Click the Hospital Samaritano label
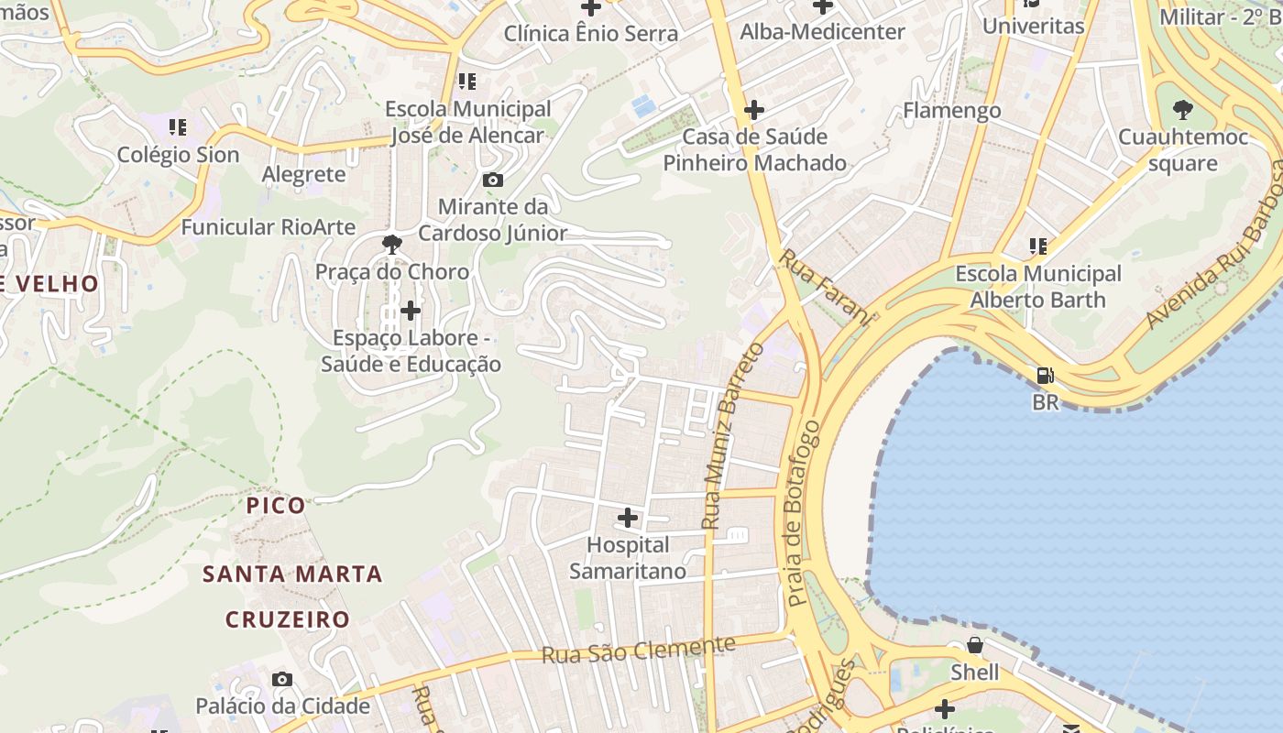pyautogui.click(x=628, y=558)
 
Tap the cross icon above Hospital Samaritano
pyautogui.click(x=628, y=519)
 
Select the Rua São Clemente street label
pyautogui.click(x=638, y=651)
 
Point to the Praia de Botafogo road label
pyautogui.click(x=800, y=513)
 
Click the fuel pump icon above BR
pyautogui.click(x=1045, y=376)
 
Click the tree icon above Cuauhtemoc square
pyautogui.click(x=1183, y=111)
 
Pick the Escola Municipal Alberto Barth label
pyautogui.click(x=1038, y=287)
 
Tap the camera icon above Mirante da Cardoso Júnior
pyautogui.click(x=493, y=180)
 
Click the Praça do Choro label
pyautogui.click(x=392, y=272)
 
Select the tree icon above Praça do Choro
pyautogui.click(x=392, y=244)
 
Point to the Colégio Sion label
pyautogui.click(x=178, y=155)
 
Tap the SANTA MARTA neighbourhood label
pyautogui.click(x=292, y=574)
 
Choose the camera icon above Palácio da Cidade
pyautogui.click(x=282, y=679)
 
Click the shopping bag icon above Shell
pyautogui.click(x=975, y=645)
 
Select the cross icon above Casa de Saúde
pyautogui.click(x=754, y=110)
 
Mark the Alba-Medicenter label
pyautogui.click(x=822, y=32)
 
